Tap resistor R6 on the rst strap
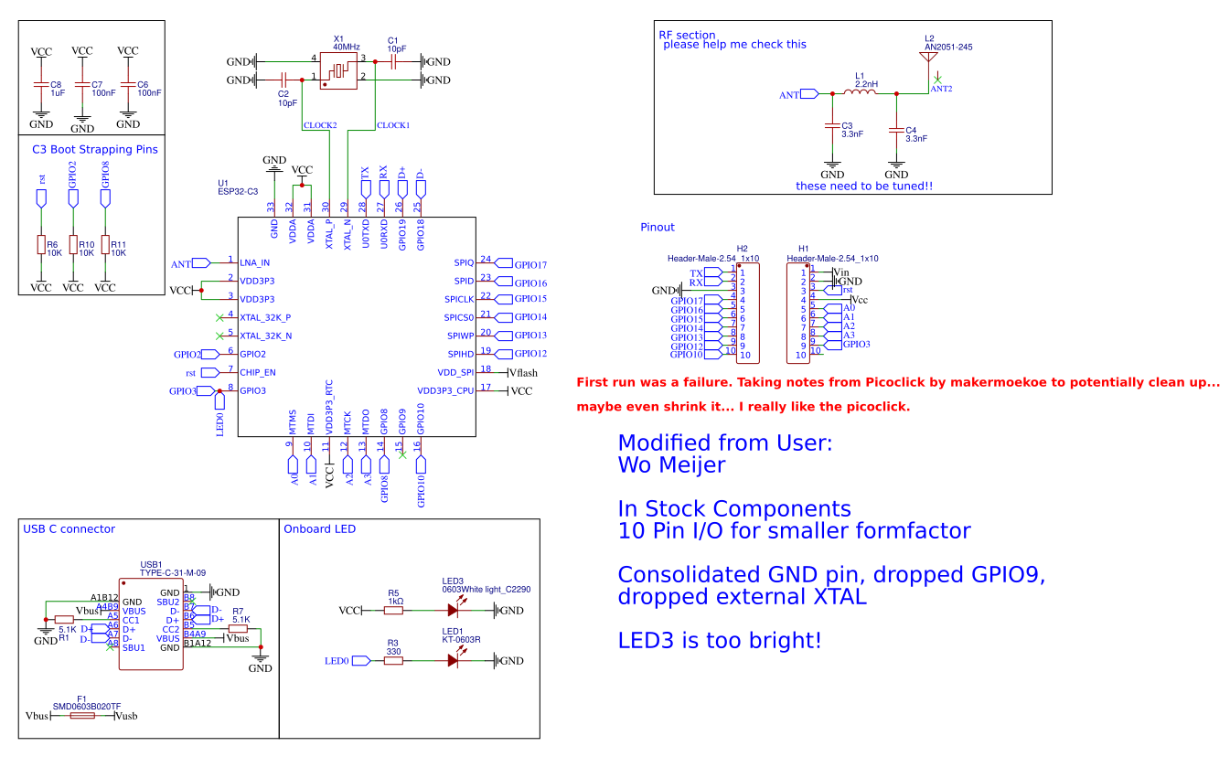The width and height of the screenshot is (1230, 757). [x=40, y=245]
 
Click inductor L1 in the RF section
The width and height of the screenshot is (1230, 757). [x=864, y=93]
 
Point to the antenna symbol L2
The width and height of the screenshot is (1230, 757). [x=929, y=58]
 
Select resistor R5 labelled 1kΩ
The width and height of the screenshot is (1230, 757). [x=393, y=610]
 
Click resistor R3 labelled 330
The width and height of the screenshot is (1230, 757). [x=393, y=660]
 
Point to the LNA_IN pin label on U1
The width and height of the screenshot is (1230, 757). [x=255, y=263]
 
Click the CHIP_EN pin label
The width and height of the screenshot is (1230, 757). [x=258, y=373]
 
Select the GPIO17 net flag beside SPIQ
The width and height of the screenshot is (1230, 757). [x=529, y=265]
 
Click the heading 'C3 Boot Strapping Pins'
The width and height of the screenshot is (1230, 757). [x=94, y=149]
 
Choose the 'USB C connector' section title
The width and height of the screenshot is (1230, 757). [x=70, y=528]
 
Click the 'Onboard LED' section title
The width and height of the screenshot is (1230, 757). [x=319, y=528]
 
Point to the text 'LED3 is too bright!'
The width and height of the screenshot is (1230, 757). [x=719, y=640]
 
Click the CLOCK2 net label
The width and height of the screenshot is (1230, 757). [x=320, y=124]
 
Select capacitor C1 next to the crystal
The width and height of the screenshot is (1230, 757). [x=392, y=62]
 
